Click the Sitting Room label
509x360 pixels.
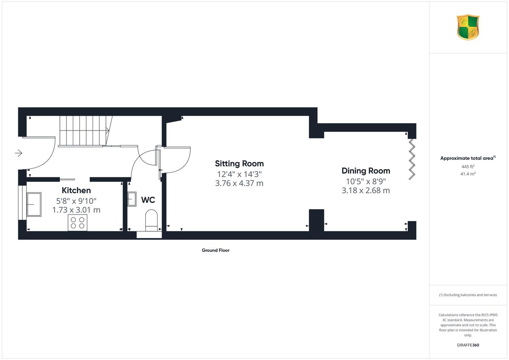tap(239, 163)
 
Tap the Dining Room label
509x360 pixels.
tap(366, 171)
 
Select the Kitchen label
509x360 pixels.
tap(76, 190)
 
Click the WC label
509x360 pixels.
tap(148, 200)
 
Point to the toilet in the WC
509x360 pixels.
tap(151, 220)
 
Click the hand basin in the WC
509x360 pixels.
tap(132, 199)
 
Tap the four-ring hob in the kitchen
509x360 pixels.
tap(77, 223)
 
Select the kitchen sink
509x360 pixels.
tap(34, 204)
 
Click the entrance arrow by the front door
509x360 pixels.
tap(18, 153)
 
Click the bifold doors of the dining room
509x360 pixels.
tap(412, 159)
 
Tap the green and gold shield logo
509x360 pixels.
tap(468, 27)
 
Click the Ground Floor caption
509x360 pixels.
tap(215, 250)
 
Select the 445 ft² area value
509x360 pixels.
tap(468, 166)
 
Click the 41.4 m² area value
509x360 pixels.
tap(468, 174)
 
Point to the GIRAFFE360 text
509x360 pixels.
tap(468, 345)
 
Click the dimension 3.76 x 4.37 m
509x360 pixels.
tap(239, 183)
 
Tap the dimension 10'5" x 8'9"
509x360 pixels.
tap(366, 181)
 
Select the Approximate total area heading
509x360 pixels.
tap(468, 158)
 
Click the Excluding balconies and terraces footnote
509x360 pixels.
tap(468, 295)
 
